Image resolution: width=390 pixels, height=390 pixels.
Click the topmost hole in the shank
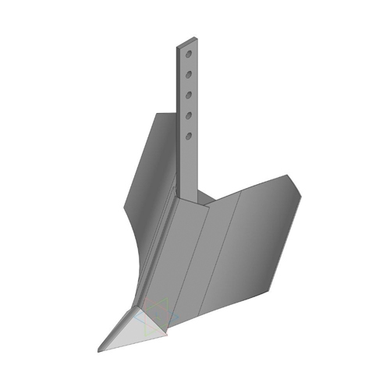tap(189, 54)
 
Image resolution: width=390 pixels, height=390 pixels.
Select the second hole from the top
tap(189, 74)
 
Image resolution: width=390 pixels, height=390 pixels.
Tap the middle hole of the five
tap(189, 95)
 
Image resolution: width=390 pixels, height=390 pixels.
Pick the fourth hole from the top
tap(189, 115)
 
